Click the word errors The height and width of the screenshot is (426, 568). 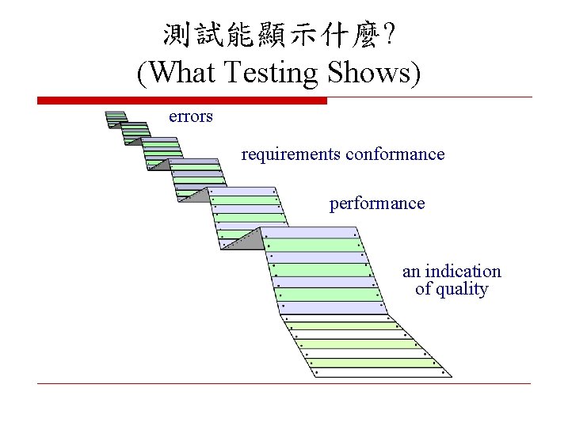click(x=191, y=117)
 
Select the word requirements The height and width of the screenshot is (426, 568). click(x=291, y=154)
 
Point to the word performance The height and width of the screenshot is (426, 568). click(x=377, y=203)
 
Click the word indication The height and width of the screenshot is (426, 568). click(x=463, y=272)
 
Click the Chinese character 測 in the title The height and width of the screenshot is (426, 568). click(x=177, y=34)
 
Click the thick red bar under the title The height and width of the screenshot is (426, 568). click(x=182, y=101)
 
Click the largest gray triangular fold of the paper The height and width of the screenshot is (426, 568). click(x=242, y=240)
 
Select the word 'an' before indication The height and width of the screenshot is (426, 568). click(x=411, y=272)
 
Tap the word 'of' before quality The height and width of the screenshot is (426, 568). click(x=423, y=289)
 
